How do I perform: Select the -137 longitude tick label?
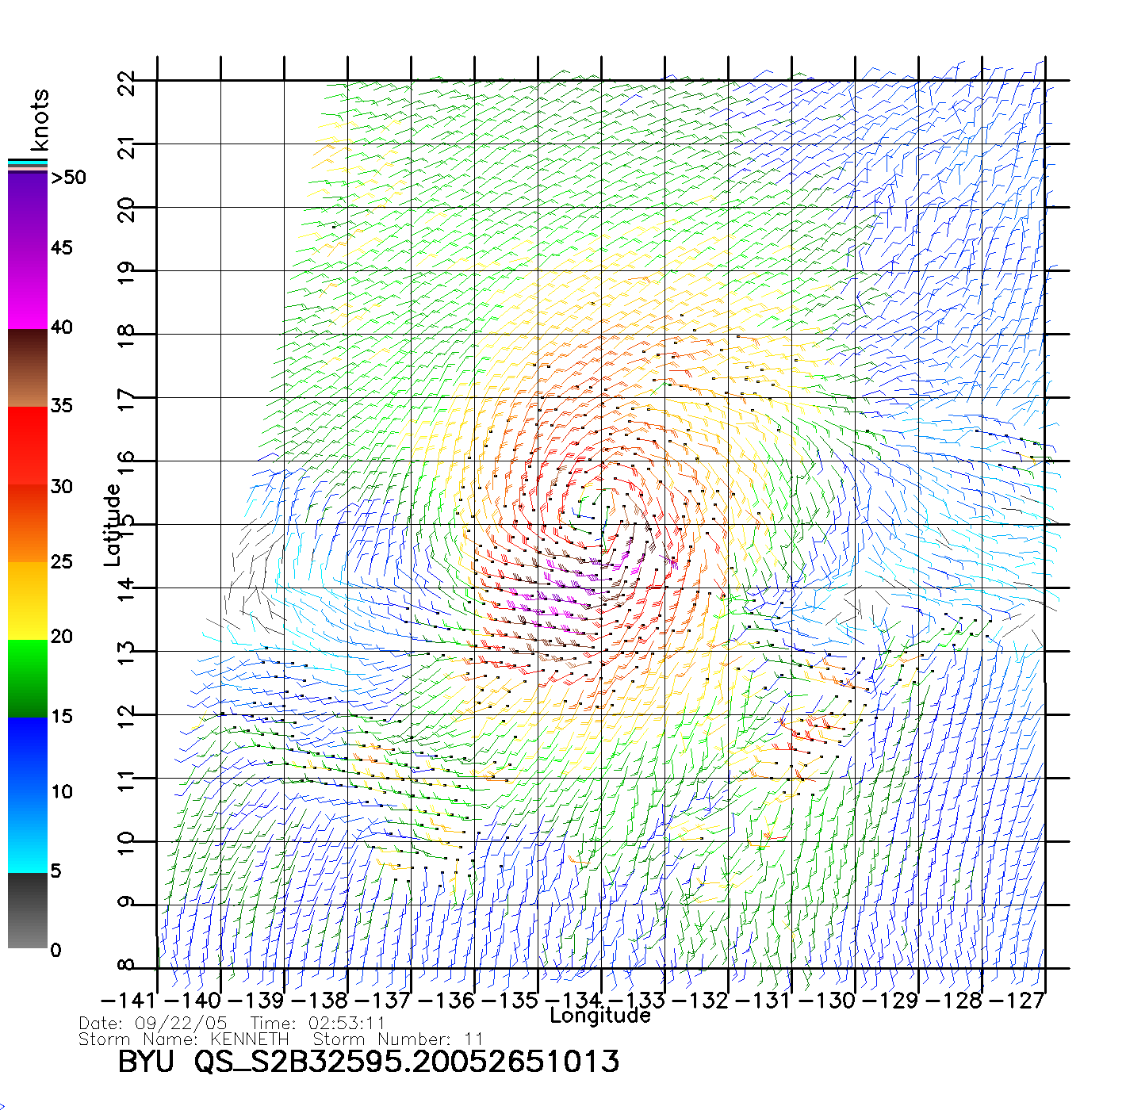click(385, 1001)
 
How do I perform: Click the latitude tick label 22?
click(126, 82)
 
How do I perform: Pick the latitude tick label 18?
click(126, 335)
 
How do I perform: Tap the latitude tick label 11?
click(126, 779)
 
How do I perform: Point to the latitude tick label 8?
click(126, 966)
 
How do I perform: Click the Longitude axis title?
click(600, 1016)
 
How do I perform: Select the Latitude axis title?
click(113, 525)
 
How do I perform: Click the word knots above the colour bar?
click(39, 120)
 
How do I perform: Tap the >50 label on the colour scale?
click(68, 178)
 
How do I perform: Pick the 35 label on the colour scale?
click(61, 406)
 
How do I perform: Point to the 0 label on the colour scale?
click(55, 950)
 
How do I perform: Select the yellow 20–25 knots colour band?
click(28, 600)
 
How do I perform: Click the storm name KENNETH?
click(249, 1039)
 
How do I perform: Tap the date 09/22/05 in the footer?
click(181, 1024)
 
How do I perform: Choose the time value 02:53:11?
click(347, 1024)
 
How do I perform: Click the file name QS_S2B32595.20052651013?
click(407, 1062)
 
